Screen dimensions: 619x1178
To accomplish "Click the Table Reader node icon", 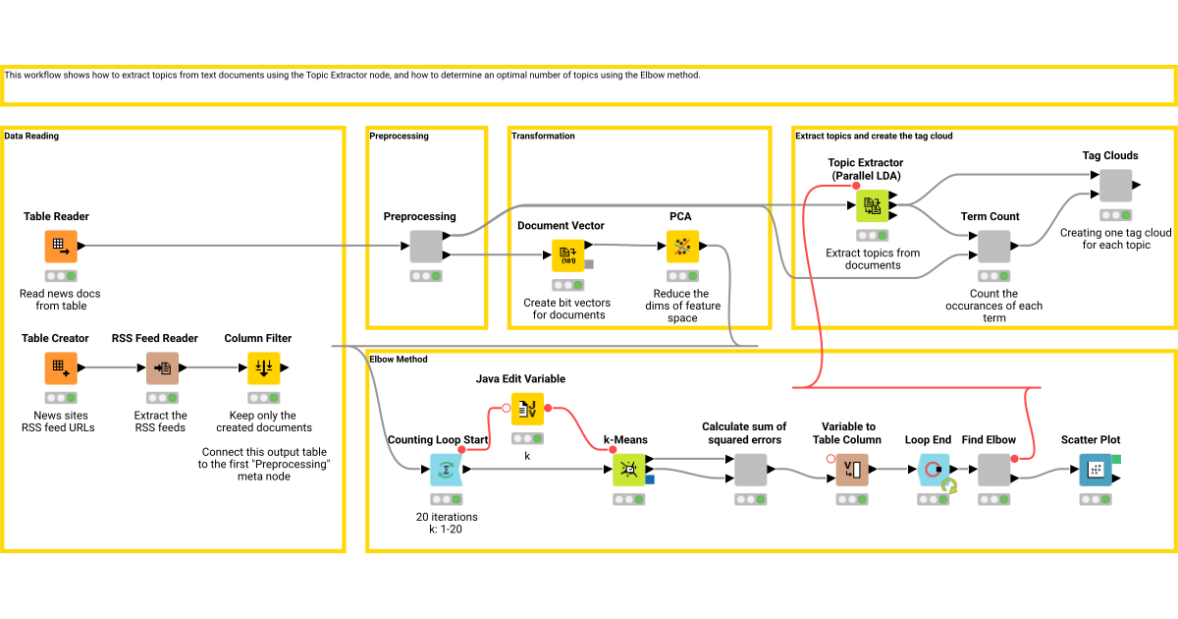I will click(x=60, y=247).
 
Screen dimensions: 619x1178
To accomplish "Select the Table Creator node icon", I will click(x=60, y=368).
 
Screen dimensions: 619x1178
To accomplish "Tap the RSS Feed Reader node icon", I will click(x=162, y=368).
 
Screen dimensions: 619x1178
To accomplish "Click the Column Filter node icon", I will click(x=263, y=368).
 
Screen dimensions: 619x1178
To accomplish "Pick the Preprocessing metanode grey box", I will click(x=425, y=247).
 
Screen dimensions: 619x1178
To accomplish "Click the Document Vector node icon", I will click(x=567, y=255).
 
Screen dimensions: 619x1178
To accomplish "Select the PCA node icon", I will click(x=681, y=247).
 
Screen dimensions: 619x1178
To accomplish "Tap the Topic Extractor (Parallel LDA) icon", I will click(x=872, y=205).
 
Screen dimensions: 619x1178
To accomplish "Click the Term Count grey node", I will click(x=993, y=247).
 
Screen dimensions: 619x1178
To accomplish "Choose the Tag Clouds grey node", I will click(x=1114, y=185).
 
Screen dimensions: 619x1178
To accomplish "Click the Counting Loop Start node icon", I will click(x=447, y=470).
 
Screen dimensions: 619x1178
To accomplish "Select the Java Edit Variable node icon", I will click(x=527, y=409).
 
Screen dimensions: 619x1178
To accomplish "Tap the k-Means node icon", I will click(x=629, y=470).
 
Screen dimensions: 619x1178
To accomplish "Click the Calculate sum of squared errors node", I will click(x=750, y=470).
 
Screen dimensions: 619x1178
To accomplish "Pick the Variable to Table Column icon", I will click(x=851, y=470).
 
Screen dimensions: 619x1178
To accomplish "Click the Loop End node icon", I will click(x=933, y=470).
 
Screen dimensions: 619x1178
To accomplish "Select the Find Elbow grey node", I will click(x=993, y=470).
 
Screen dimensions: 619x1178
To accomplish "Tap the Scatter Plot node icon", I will click(x=1095, y=470).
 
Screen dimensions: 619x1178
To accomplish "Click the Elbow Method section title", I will click(x=399, y=360).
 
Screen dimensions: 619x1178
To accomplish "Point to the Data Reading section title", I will click(x=31, y=137).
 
